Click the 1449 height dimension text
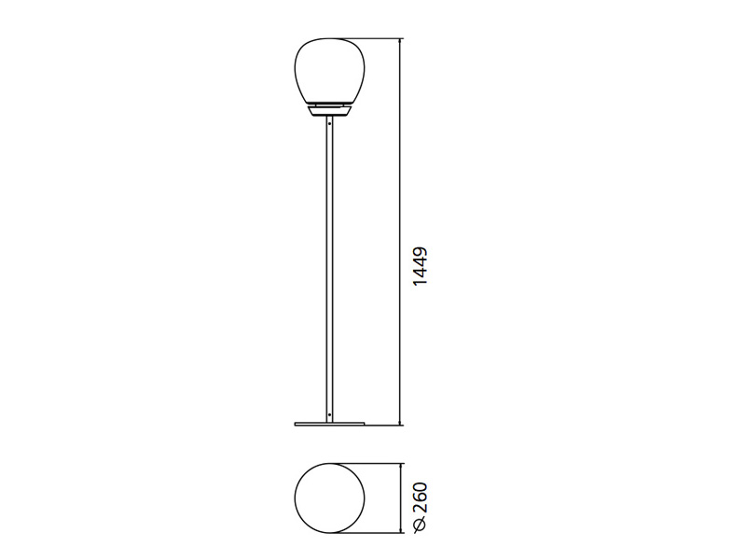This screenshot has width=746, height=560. [x=421, y=266]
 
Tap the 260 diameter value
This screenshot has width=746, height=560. [x=421, y=497]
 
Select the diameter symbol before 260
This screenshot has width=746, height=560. [x=421, y=524]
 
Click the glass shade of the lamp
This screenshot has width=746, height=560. [x=330, y=71]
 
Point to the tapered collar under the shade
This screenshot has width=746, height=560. [x=330, y=111]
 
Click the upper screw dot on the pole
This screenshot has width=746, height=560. [x=329, y=124]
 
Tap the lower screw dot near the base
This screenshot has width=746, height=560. [x=329, y=414]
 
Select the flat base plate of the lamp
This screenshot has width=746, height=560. [x=330, y=424]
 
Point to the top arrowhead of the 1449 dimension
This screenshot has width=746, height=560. [x=400, y=41]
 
